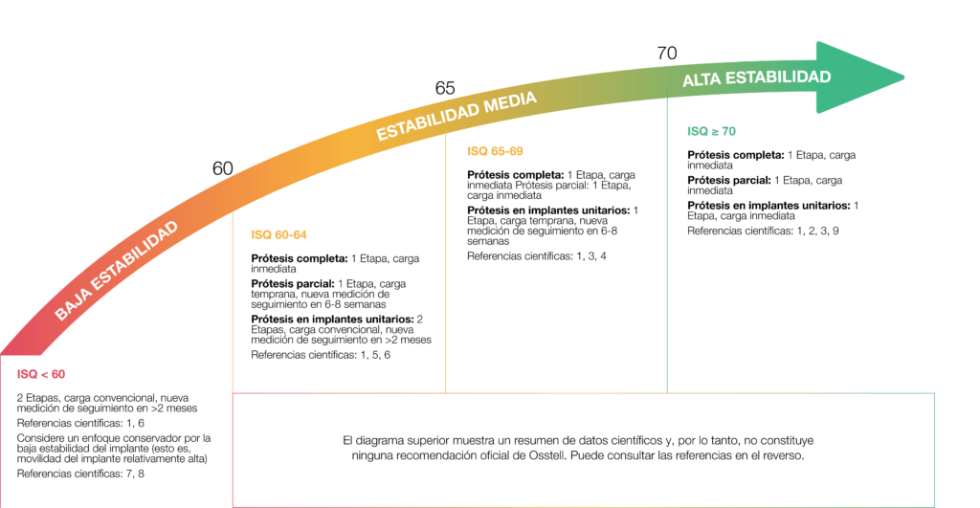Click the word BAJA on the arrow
[x=74, y=299]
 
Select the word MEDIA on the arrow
[x=509, y=101]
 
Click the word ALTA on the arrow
[x=702, y=81]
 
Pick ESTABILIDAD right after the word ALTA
[x=778, y=77]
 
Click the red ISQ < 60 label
[x=41, y=374]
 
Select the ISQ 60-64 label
[x=278, y=234]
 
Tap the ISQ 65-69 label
[x=495, y=151]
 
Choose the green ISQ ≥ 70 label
[x=711, y=131]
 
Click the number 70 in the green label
[x=727, y=131]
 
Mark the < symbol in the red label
[x=43, y=374]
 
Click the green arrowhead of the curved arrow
[x=857, y=77]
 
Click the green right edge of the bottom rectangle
[x=934, y=450]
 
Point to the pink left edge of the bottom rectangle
[x=234, y=450]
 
